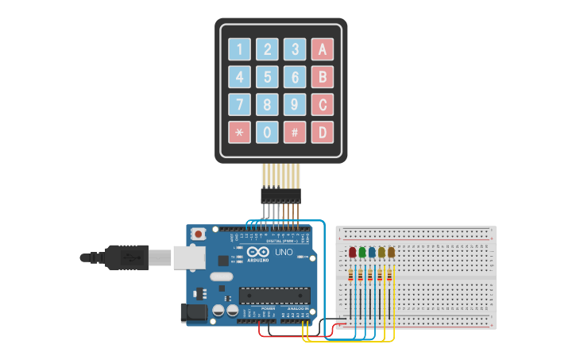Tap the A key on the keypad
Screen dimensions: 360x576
[322, 49]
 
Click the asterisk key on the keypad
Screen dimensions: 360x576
[239, 132]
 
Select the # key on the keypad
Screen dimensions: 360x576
[294, 132]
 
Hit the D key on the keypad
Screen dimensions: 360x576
[322, 132]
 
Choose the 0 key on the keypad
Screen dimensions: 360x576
[267, 132]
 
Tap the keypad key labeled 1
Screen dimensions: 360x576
[239, 49]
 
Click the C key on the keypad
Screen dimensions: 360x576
[322, 104]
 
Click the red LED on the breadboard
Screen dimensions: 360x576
[352, 253]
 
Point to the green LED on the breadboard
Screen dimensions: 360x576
[361, 253]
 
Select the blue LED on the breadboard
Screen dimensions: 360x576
[371, 253]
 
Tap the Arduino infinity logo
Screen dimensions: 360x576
[257, 251]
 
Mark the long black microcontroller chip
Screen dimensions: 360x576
[274, 295]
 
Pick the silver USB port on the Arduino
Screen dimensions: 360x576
[188, 257]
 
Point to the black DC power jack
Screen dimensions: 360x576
[194, 313]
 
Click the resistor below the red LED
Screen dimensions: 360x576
[352, 276]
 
